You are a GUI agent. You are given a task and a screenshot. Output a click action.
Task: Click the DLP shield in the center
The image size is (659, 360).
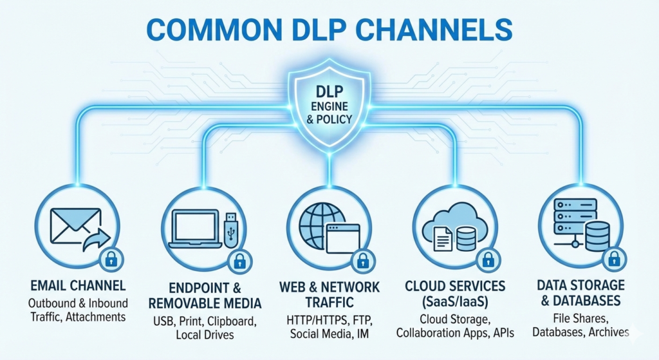(x=329, y=103)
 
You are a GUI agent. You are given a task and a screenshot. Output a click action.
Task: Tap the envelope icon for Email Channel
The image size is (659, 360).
(x=75, y=223)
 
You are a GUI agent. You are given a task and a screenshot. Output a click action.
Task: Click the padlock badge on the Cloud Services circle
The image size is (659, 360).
(x=487, y=260)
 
